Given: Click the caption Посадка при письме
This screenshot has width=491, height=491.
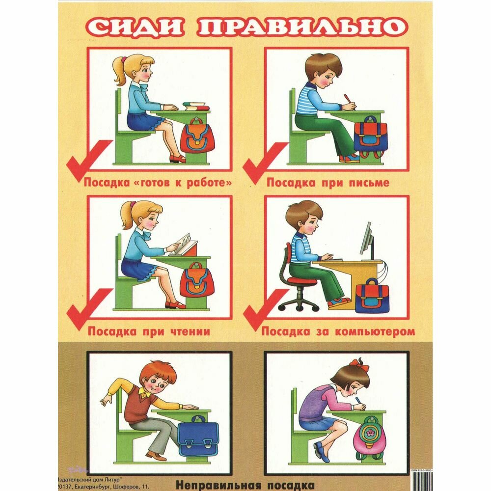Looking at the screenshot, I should [328, 183].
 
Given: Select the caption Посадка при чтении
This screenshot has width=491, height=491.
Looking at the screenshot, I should [149, 331].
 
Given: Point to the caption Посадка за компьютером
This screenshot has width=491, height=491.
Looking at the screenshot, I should [338, 331].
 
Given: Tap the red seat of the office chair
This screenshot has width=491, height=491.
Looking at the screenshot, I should [302, 280].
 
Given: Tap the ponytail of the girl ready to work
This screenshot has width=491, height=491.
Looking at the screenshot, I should [119, 71].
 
